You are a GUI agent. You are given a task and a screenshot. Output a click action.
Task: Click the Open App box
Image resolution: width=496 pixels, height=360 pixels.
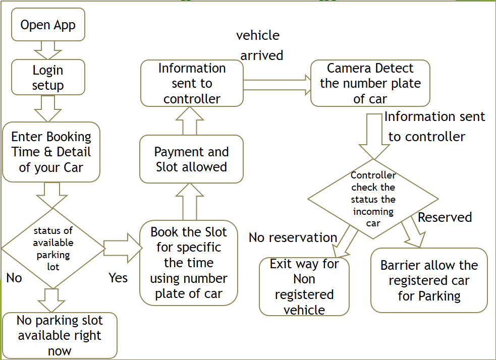pos(48,25)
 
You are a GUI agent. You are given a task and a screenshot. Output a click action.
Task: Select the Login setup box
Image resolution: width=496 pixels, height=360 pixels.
pos(48,77)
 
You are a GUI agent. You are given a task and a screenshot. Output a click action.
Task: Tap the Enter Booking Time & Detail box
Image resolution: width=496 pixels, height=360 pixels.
pos(51,152)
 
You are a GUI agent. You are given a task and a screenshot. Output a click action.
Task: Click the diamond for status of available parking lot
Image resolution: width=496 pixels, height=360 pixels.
pos(53,248)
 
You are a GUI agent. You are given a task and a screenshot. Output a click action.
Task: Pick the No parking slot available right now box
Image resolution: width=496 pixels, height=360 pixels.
pos(60,335)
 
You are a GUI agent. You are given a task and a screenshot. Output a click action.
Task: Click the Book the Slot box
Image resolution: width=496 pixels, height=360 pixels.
pos(189,263)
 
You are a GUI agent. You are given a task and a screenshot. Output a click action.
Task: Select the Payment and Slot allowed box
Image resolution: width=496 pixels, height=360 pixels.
pos(191,159)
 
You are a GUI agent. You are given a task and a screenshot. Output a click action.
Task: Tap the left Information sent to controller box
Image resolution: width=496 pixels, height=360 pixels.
pos(192,83)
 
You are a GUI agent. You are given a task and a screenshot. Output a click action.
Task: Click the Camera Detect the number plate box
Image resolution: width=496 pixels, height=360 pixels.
pos(370,83)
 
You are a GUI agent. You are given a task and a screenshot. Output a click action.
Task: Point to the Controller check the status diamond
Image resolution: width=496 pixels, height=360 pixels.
pos(373,199)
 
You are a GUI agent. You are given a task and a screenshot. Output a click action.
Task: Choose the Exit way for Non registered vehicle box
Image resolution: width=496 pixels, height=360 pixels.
pos(304,286)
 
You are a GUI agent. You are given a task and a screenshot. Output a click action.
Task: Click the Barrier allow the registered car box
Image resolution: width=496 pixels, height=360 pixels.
pos(429,280)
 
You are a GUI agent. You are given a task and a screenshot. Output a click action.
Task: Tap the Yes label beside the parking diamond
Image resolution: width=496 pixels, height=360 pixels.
pos(118,278)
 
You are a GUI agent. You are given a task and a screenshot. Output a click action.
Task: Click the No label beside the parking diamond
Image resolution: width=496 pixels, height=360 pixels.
pos(14,278)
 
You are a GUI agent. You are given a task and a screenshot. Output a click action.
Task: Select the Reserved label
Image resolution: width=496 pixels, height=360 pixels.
pos(445,217)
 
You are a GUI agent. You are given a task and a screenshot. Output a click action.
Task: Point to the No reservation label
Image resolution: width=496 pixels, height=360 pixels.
pos(293,237)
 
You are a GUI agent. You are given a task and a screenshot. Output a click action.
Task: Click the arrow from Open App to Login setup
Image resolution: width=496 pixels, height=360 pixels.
pos(48,50)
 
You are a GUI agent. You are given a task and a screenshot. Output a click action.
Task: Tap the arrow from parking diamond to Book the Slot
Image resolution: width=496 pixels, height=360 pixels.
pos(122,248)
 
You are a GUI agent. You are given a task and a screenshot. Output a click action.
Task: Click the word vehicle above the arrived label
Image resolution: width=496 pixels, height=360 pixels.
pos(258,35)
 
